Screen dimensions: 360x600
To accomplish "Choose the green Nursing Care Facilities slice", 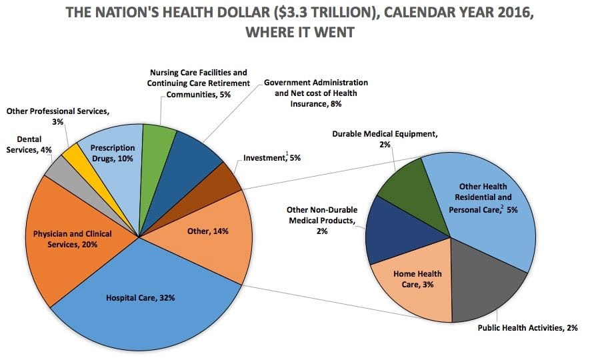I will tap(159, 143).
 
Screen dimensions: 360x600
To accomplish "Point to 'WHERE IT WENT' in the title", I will tap(298, 32).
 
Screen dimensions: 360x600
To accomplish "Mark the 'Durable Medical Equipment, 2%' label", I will tap(385, 139).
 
